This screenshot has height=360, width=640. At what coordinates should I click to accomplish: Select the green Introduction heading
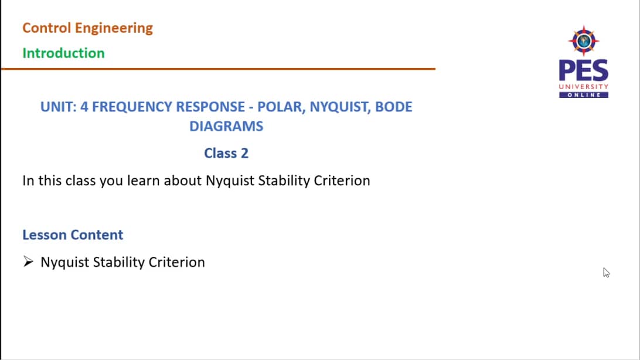[x=63, y=53]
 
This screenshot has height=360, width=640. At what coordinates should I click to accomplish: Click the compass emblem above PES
[x=583, y=40]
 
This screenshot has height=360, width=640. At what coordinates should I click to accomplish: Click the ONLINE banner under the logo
[x=583, y=95]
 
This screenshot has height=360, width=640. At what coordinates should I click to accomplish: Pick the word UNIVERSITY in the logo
[x=583, y=87]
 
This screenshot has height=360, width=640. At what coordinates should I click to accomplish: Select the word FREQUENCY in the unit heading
[x=127, y=107]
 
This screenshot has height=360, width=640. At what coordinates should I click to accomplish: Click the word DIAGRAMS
[x=226, y=126]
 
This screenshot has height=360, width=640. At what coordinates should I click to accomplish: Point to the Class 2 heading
[x=226, y=154]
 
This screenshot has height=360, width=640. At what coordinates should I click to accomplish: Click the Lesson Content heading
[x=73, y=235]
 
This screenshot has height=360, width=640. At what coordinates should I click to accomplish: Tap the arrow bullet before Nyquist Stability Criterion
[x=28, y=262]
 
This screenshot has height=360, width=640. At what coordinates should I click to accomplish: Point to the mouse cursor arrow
[x=605, y=271]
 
